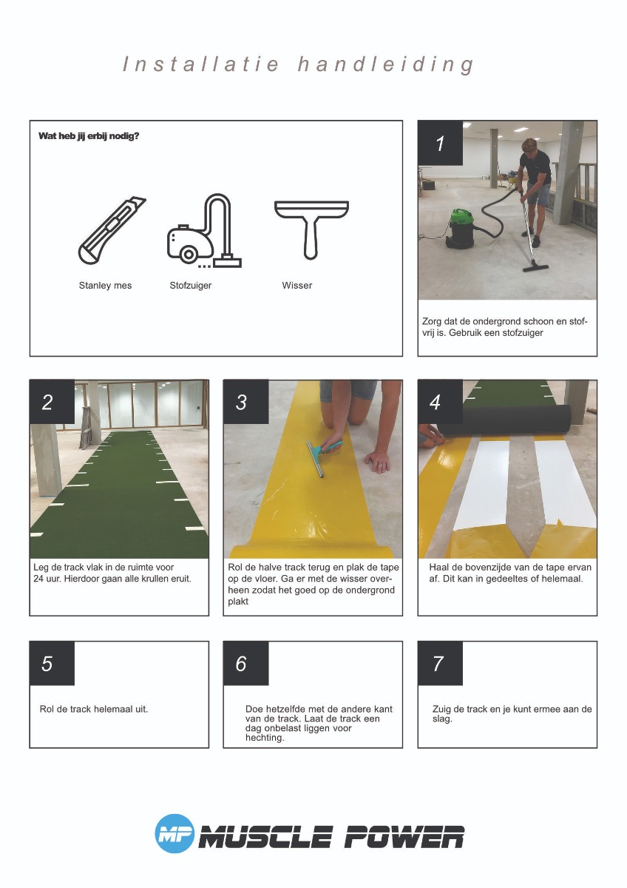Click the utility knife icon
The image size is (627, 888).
(112, 230)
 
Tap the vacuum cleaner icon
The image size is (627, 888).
(204, 231)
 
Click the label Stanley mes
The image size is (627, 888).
(105, 286)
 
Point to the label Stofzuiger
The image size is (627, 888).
(191, 286)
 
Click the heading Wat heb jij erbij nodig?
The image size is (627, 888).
(89, 136)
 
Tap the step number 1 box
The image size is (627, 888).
(441, 143)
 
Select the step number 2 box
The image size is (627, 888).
(52, 402)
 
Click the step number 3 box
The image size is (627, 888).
(246, 402)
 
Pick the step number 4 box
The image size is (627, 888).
(441, 402)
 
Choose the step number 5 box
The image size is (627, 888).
(52, 663)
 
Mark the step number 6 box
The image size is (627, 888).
(246, 663)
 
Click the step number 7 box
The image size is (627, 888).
(441, 663)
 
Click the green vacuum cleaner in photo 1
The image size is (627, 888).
(461, 228)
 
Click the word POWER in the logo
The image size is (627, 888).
(403, 837)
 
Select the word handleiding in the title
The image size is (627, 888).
(386, 64)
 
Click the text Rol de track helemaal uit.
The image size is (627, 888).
(94, 709)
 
